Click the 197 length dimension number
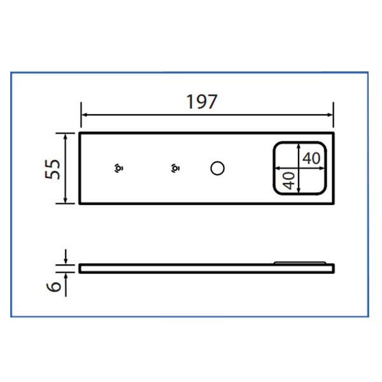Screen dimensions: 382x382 click(201, 102)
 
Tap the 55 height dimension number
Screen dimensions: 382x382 click(52, 169)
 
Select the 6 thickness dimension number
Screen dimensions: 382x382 click(53, 286)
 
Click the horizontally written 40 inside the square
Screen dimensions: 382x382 click(311, 159)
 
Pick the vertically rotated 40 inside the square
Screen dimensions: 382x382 click(289, 181)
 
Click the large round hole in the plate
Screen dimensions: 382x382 click(217, 168)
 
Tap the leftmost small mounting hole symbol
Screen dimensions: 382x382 click(118, 168)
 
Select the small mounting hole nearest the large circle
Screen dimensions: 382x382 click(176, 168)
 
